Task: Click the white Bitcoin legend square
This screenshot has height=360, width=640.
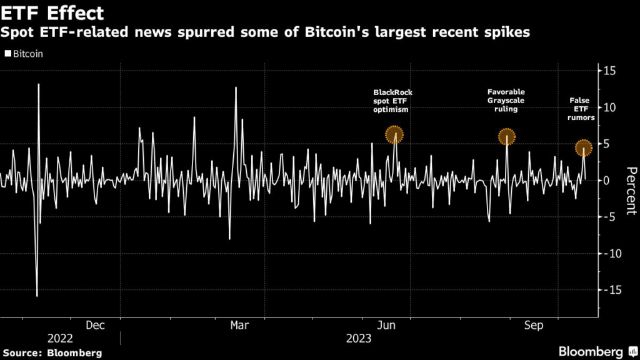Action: [x=7, y=54]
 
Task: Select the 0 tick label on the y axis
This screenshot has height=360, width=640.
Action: [x=606, y=180]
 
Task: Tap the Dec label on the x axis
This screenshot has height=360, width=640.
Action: [x=95, y=325]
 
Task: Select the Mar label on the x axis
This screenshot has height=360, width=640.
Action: [x=240, y=325]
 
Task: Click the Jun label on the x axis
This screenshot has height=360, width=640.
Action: [x=387, y=325]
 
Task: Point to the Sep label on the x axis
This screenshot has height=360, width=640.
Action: [x=534, y=325]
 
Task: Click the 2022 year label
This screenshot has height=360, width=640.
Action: [x=60, y=338]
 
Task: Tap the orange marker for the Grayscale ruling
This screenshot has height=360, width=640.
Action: [x=506, y=136]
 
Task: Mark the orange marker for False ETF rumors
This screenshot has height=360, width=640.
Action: [x=584, y=147]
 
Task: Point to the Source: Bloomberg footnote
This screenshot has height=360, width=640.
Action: [x=51, y=352]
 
